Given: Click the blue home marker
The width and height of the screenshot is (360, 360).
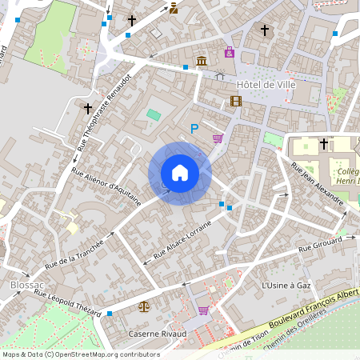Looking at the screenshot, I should pyautogui.click(x=180, y=173).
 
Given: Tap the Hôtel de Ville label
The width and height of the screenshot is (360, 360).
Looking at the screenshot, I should pyautogui.click(x=266, y=84).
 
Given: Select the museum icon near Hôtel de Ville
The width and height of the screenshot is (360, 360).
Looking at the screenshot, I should pyautogui.click(x=201, y=62).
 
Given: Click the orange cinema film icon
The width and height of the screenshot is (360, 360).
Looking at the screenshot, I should pyautogui.click(x=235, y=101).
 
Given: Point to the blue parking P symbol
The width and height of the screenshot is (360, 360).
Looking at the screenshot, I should pyautogui.click(x=194, y=128).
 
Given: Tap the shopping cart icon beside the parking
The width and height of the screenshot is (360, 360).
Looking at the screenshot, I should pyautogui.click(x=218, y=138).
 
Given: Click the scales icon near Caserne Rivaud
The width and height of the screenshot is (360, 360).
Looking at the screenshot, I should pyautogui.click(x=144, y=306).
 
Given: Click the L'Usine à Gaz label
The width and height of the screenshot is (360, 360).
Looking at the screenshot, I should pyautogui.click(x=286, y=286).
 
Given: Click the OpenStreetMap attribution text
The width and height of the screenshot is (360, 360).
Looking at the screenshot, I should pyautogui.click(x=81, y=354).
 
